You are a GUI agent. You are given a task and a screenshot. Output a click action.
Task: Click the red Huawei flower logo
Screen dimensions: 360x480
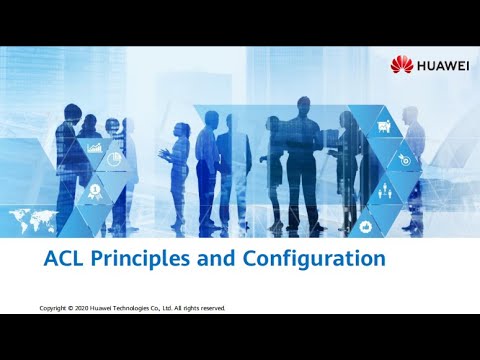tap(401, 66)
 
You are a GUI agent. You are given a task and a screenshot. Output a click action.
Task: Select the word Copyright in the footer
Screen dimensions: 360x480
tap(54, 309)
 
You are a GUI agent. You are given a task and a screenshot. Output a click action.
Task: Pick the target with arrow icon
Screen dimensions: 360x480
tap(405, 159)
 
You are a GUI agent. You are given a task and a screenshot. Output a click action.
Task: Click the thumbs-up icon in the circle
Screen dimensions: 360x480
tap(366, 227)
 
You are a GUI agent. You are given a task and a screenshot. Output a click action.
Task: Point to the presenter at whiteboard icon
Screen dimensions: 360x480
tap(383, 127)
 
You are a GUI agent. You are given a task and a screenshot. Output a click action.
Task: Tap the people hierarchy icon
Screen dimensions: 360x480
tap(384, 190)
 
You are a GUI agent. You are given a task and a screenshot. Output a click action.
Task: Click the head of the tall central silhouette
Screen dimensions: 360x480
tap(302, 105)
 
